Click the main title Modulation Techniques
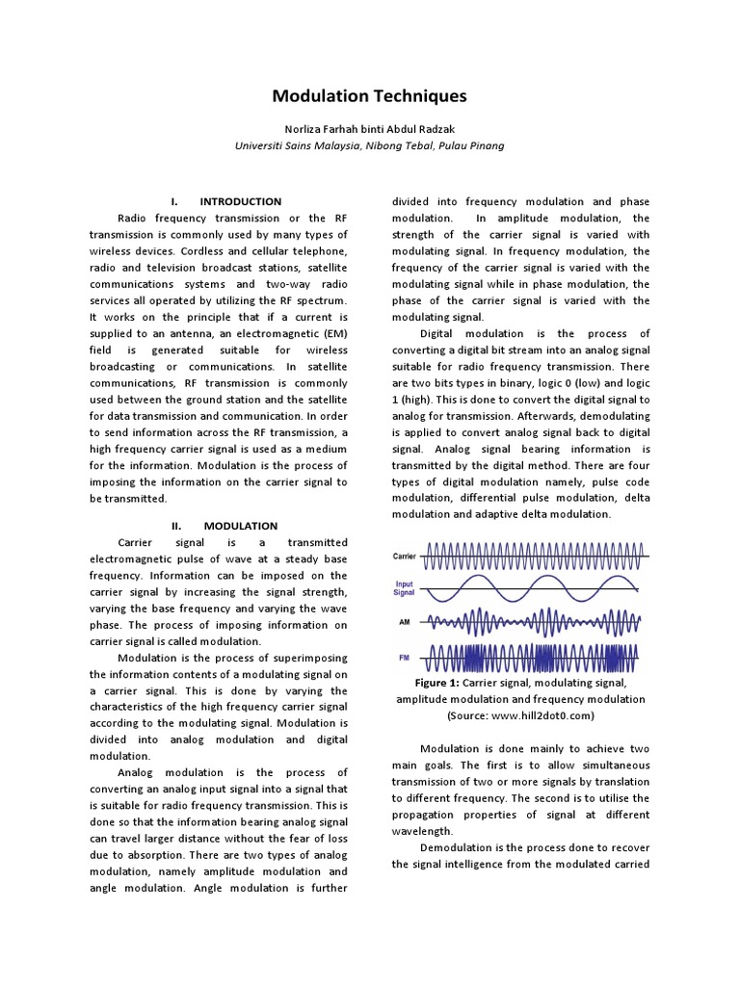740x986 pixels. (x=369, y=96)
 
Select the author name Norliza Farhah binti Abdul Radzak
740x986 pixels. (x=369, y=130)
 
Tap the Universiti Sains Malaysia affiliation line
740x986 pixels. (x=369, y=146)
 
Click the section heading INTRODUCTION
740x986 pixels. (x=240, y=201)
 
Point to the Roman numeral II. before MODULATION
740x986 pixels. (x=176, y=526)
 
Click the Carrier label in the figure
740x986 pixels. (x=404, y=557)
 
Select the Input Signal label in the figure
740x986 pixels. (x=404, y=588)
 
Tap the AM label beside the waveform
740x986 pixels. (x=404, y=622)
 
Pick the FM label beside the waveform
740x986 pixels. (x=404, y=658)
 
